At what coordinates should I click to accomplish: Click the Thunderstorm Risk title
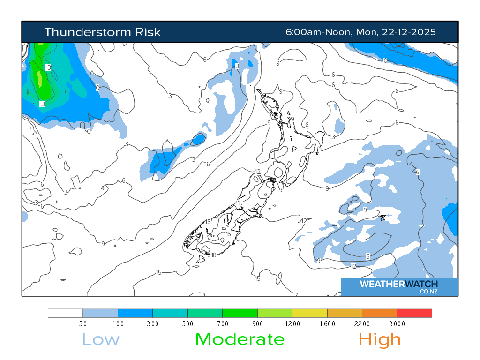click(x=102, y=32)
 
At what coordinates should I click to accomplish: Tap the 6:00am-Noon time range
click(x=319, y=32)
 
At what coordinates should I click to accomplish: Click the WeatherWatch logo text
click(x=398, y=284)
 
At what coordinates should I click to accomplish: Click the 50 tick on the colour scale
click(x=83, y=324)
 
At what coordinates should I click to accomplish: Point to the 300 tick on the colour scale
click(x=153, y=324)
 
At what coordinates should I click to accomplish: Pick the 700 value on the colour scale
click(x=223, y=324)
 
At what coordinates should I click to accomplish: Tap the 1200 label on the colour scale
click(x=292, y=324)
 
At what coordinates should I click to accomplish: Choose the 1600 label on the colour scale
click(x=327, y=324)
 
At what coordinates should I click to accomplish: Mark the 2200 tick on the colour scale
click(x=362, y=324)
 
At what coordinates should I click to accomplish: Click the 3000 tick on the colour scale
click(x=397, y=324)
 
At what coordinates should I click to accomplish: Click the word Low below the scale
click(x=101, y=339)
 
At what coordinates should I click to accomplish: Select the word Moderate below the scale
click(x=240, y=339)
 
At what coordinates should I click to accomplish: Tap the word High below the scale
click(x=380, y=339)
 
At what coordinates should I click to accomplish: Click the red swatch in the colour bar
click(x=414, y=313)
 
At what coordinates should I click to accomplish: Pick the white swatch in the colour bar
click(x=65, y=313)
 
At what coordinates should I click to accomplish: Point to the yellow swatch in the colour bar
click(x=310, y=313)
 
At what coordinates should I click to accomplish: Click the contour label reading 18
click(x=214, y=255)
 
